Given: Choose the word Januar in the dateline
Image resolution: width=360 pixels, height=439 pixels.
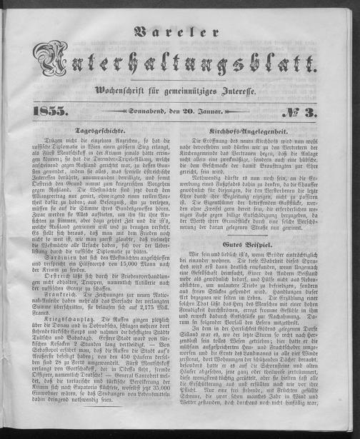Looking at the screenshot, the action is click(211, 111).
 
